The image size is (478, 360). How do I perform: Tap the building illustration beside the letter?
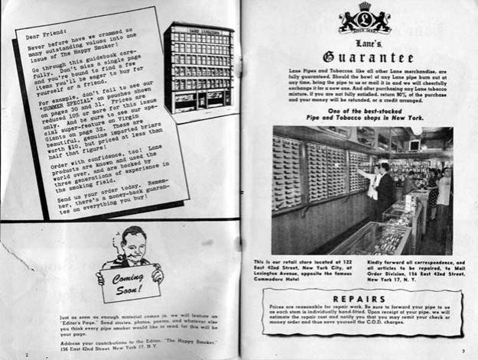pyautogui.click(x=198, y=66)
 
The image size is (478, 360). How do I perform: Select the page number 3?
pyautogui.click(x=463, y=351)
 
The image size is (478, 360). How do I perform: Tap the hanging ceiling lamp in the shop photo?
pyautogui.click(x=417, y=131)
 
